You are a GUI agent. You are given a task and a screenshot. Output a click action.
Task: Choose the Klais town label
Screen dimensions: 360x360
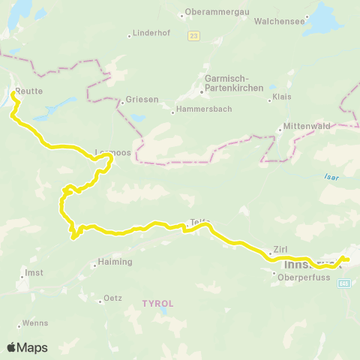pyautogui.click(x=282, y=97)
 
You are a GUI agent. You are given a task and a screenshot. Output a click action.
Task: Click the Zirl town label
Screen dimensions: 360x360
pyautogui.click(x=280, y=250)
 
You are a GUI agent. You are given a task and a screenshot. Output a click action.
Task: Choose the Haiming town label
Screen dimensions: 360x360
pyautogui.click(x=115, y=262)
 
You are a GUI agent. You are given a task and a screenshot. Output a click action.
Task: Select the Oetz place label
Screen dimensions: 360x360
pyautogui.click(x=112, y=298)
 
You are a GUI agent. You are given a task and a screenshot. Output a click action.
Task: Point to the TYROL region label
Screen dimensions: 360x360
pyautogui.click(x=157, y=304)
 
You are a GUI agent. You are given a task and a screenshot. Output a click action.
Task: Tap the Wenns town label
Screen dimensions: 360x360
pyautogui.click(x=35, y=323)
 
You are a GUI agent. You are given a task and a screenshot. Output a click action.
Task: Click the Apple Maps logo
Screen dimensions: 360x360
pyautogui.click(x=27, y=347)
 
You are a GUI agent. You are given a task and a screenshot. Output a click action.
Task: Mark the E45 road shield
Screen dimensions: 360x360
pyautogui.click(x=344, y=283)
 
